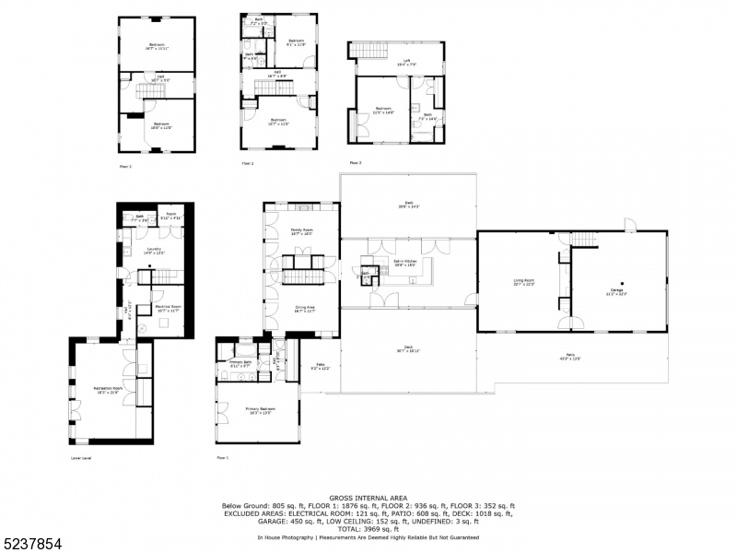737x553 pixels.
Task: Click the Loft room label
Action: coord(401,63)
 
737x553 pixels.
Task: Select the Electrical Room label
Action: coord(168,308)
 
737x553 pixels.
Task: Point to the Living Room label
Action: coord(524,281)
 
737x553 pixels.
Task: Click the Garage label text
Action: coord(615,292)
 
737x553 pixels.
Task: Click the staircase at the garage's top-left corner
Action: coord(585,240)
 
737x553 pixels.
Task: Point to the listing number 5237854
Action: coord(32,544)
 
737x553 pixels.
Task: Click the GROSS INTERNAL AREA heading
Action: coord(368,498)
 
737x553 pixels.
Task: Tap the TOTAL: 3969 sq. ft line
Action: coord(368,529)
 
